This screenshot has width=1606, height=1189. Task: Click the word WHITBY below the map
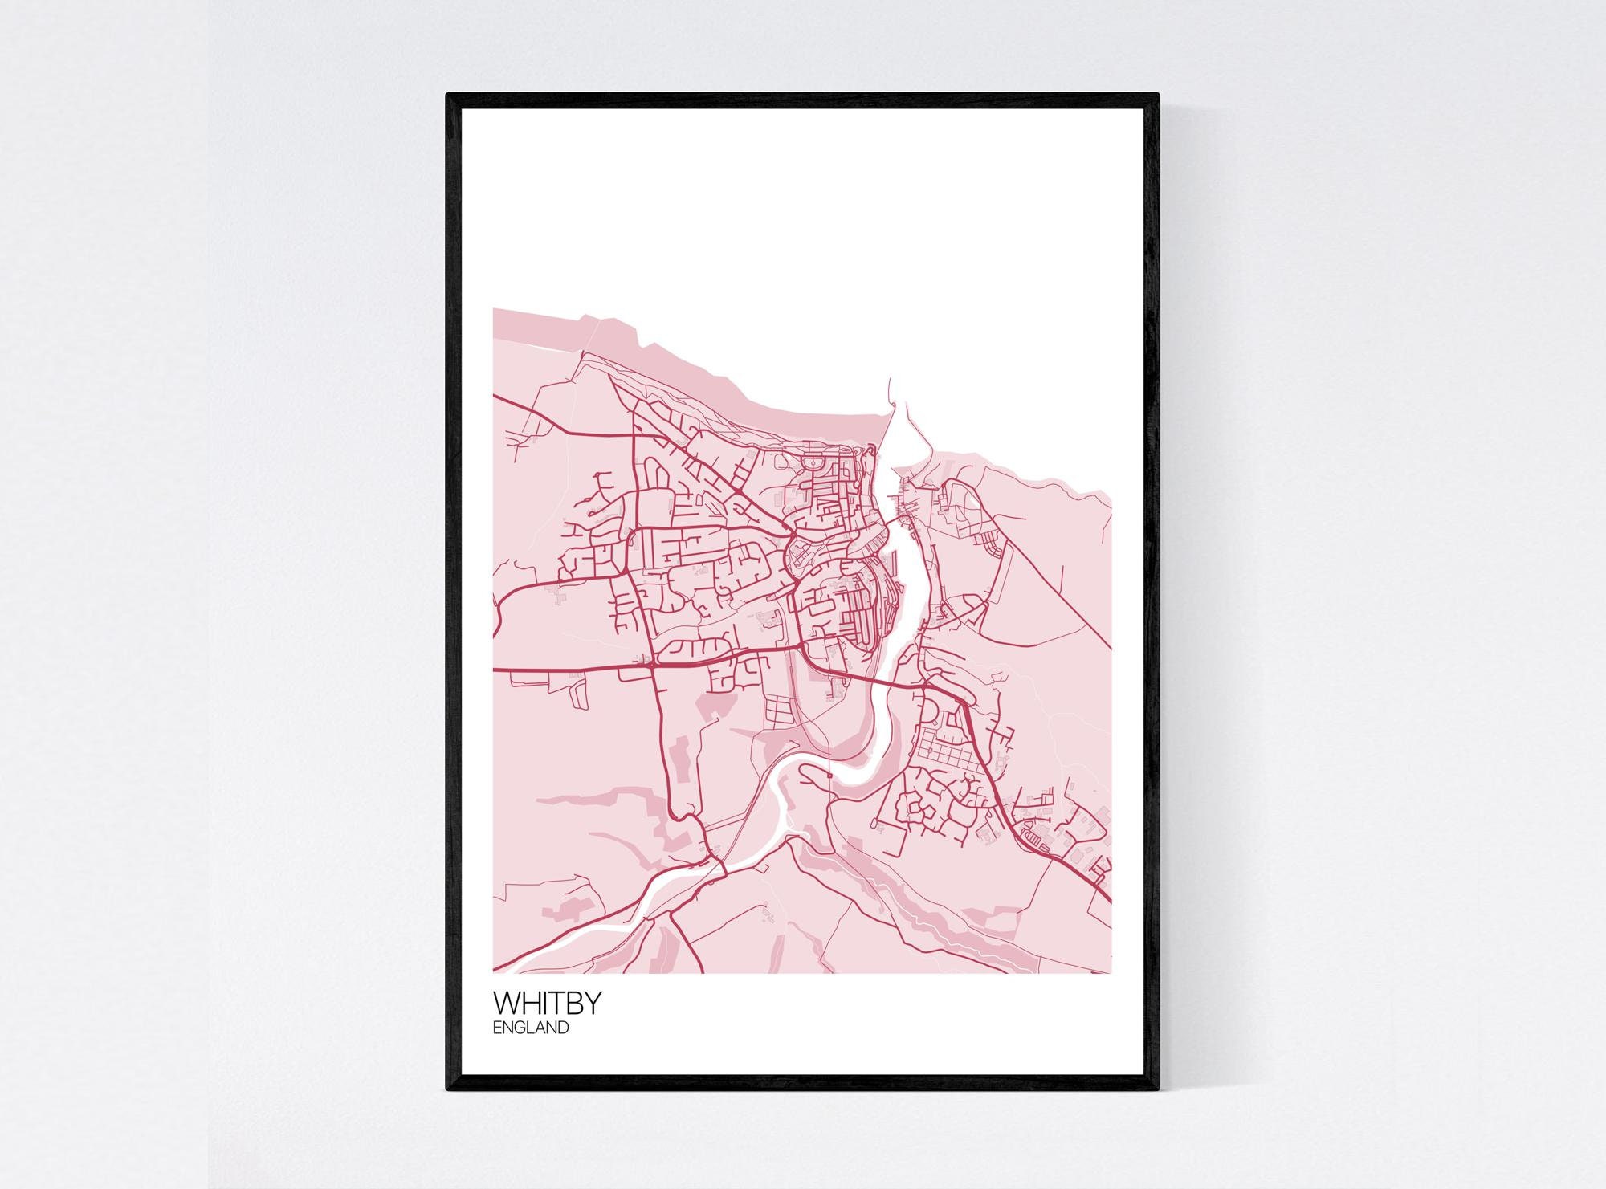coord(546,1004)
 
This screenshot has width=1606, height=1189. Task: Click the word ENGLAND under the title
coord(531,1027)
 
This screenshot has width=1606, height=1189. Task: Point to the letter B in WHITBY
coord(573,1004)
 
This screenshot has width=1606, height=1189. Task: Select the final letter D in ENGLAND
coord(563,1027)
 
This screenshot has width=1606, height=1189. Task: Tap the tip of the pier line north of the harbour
coord(890,380)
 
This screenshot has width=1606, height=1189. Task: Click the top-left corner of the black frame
coord(447,95)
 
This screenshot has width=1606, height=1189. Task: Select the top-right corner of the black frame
coord(1159,95)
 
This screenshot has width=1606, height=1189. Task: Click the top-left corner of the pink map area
coord(494,309)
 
